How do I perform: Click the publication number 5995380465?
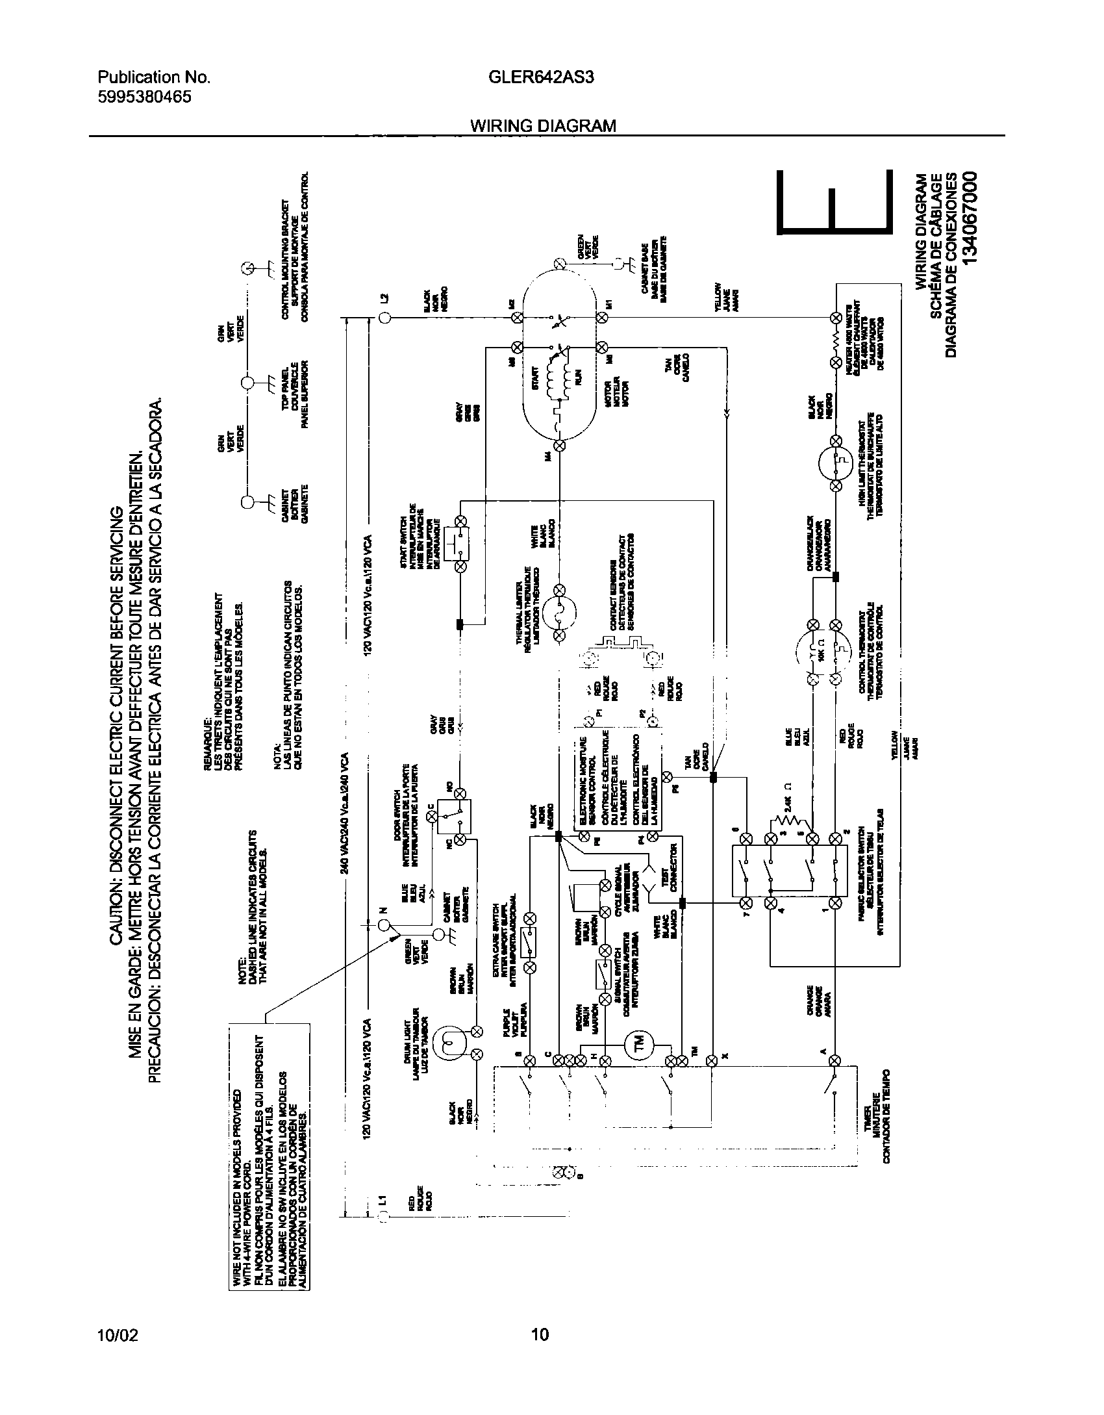click(x=144, y=97)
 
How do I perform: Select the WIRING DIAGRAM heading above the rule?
click(x=543, y=126)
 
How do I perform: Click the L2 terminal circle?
click(x=384, y=318)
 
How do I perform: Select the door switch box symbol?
click(x=453, y=817)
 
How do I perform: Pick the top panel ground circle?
click(x=247, y=382)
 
